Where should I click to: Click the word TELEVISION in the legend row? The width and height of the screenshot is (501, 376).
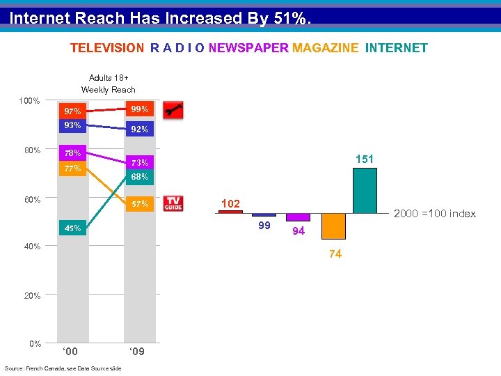point(106,48)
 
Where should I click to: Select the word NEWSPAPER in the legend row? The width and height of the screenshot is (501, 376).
point(248,48)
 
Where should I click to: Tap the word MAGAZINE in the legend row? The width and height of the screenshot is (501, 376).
point(326,48)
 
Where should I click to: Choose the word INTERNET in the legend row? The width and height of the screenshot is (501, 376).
point(397,48)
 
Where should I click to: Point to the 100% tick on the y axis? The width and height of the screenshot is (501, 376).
point(29,102)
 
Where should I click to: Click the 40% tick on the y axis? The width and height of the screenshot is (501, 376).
point(31,246)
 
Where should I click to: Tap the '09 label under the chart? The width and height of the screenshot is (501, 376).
point(137,352)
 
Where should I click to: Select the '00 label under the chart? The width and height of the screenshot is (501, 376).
point(71,352)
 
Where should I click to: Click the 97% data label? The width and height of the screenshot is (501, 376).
point(72,111)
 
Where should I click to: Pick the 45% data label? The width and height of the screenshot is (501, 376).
point(72,228)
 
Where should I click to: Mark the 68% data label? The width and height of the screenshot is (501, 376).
point(139,177)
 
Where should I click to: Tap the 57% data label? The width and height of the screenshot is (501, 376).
point(140,204)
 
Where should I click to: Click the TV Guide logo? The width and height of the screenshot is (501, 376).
point(173,203)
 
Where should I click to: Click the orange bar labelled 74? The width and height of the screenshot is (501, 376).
point(333,226)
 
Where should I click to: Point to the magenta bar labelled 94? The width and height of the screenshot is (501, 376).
point(298,217)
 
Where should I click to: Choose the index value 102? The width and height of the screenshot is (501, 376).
point(230,204)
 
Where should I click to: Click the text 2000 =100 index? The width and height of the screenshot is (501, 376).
point(435,214)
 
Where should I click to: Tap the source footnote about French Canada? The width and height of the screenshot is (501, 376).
point(63,368)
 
